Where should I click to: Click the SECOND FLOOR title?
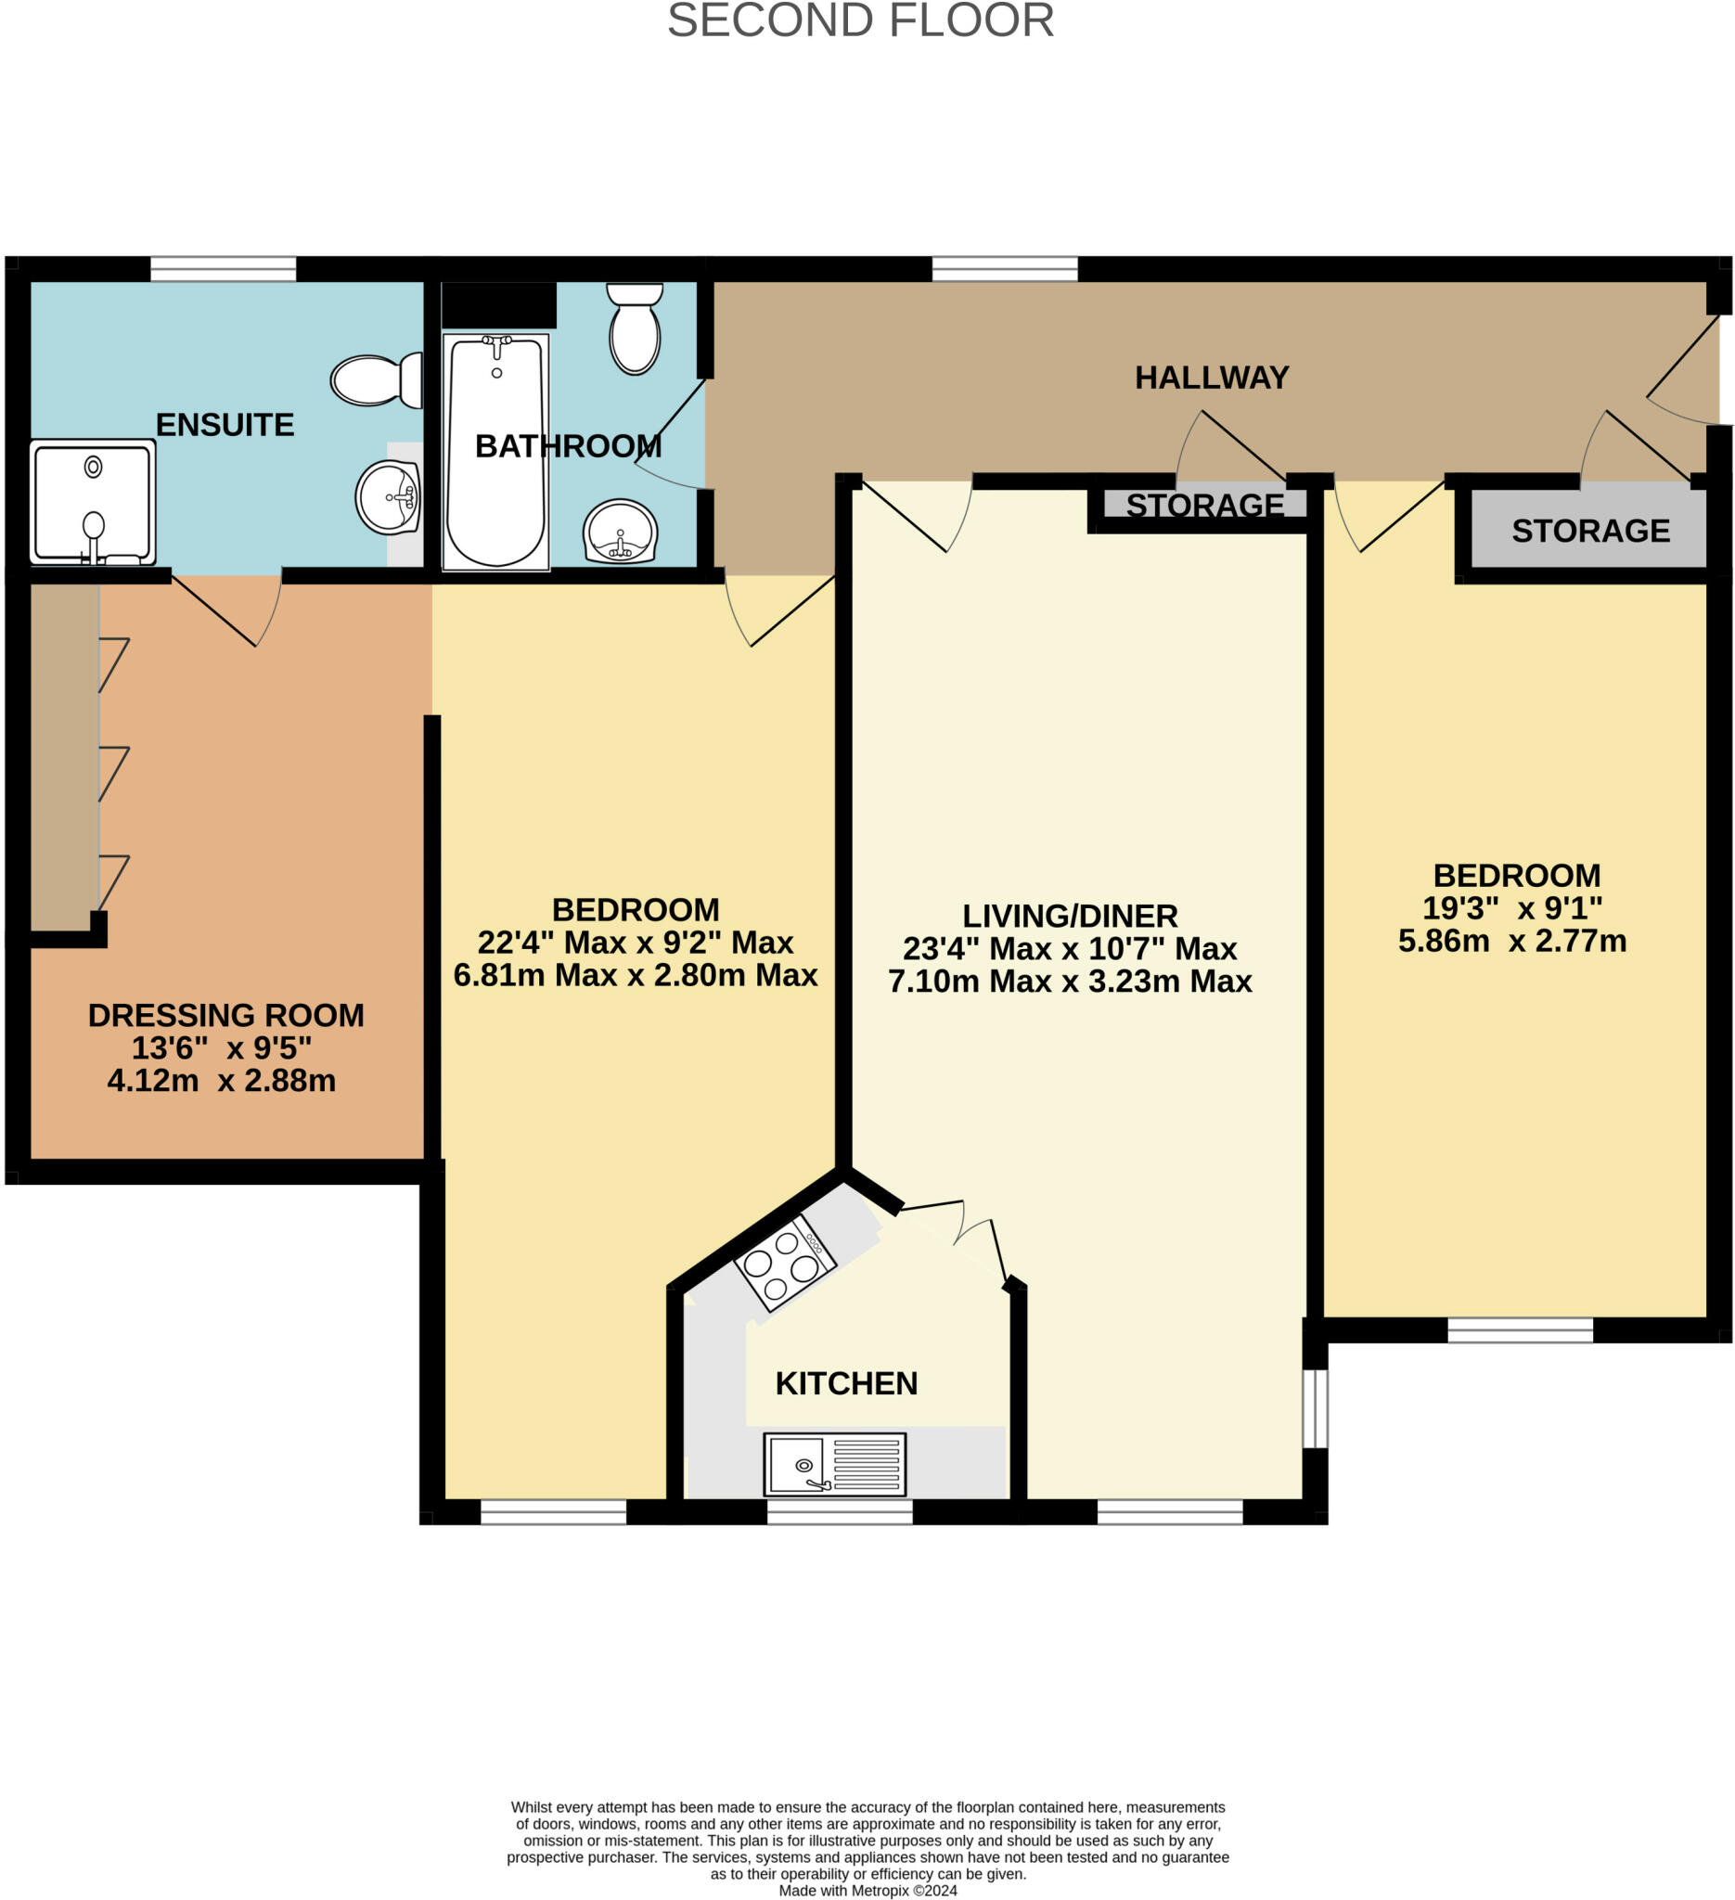tap(860, 20)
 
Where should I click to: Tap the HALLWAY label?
tap(1211, 378)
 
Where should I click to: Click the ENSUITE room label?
tap(225, 425)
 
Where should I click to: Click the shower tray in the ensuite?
tap(93, 503)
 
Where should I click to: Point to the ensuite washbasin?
tap(387, 496)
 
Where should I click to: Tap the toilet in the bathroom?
tap(636, 328)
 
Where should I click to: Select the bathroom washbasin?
tap(619, 531)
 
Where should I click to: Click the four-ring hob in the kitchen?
tap(785, 1262)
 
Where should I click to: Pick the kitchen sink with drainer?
tap(834, 1464)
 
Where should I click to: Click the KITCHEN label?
tap(845, 1383)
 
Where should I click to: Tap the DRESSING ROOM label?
tap(225, 1015)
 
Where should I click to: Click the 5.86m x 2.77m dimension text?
tap(1511, 941)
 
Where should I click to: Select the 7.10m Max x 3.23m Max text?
tap(1070, 982)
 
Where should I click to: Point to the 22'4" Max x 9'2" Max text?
tap(636, 943)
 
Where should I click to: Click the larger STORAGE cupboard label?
tap(1590, 532)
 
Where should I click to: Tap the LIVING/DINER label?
tap(1070, 916)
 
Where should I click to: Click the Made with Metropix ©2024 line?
tap(867, 1890)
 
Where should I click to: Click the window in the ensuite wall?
tap(224, 269)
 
